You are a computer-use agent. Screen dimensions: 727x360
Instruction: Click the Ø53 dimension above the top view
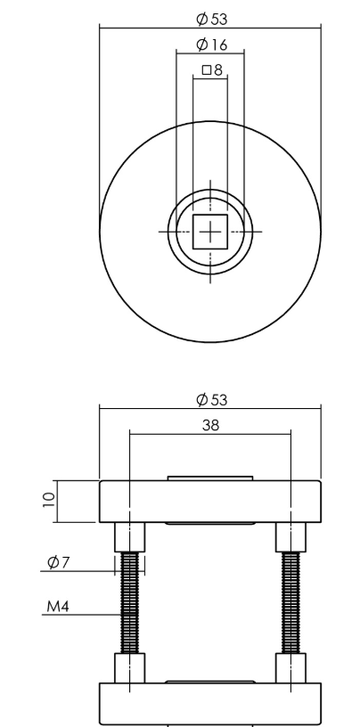click(210, 18)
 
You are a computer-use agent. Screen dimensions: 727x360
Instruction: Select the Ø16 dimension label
click(210, 44)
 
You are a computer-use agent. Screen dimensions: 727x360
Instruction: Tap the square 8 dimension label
click(211, 69)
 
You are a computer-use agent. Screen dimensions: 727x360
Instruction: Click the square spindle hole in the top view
click(210, 232)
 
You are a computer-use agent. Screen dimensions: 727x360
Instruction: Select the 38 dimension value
click(210, 425)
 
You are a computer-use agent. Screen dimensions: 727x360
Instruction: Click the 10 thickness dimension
click(50, 501)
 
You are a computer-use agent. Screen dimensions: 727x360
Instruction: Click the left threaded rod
click(130, 602)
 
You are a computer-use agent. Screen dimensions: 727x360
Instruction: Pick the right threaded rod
click(291, 602)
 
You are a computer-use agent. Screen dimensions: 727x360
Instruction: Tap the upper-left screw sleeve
click(130, 537)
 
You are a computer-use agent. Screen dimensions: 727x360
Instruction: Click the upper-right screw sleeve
click(291, 537)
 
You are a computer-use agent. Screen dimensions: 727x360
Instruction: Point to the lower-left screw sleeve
click(130, 668)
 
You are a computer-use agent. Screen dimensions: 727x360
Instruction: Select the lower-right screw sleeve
click(291, 668)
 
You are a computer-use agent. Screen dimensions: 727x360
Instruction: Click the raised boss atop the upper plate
click(210, 478)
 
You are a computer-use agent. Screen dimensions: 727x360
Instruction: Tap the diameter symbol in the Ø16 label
click(201, 44)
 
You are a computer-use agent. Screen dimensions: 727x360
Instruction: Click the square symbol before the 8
click(206, 69)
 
